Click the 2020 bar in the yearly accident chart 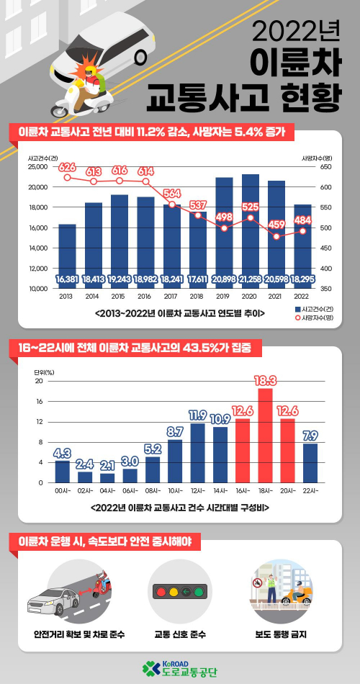[251, 230]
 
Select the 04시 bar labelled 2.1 [107, 477]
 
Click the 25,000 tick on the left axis [37, 166]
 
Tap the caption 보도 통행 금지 [277, 634]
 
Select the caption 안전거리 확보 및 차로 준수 [79, 634]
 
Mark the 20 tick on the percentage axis [40, 381]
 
